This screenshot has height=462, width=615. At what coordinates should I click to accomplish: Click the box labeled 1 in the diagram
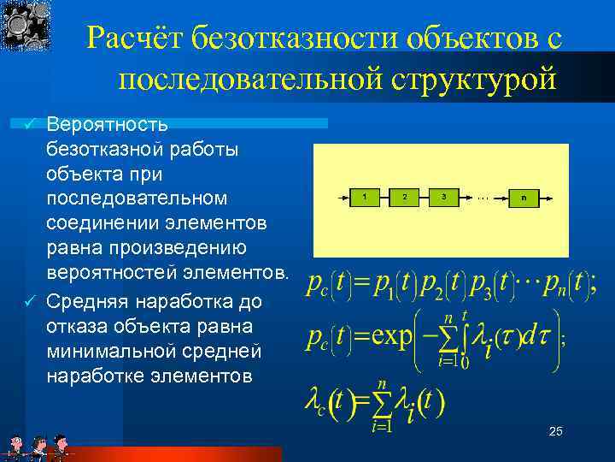pyautogui.click(x=365, y=197)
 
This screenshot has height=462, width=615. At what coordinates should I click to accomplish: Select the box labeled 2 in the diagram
pyautogui.click(x=404, y=197)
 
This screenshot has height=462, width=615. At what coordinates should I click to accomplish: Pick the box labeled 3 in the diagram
pyautogui.click(x=444, y=197)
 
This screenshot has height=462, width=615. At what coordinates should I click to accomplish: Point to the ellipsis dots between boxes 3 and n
pyautogui.click(x=483, y=197)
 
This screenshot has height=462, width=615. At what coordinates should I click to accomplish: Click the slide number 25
pyautogui.click(x=555, y=432)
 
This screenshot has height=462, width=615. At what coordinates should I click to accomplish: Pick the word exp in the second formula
pyautogui.click(x=385, y=335)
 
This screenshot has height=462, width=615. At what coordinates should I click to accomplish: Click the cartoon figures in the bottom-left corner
pyautogui.click(x=38, y=447)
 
